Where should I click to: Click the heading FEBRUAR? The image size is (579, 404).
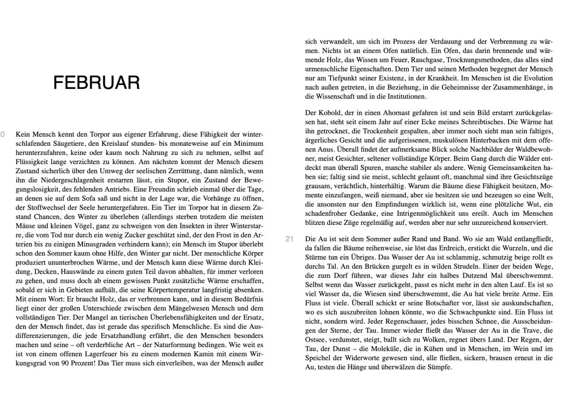click(x=96, y=83)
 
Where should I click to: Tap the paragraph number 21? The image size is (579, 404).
click(x=289, y=239)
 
